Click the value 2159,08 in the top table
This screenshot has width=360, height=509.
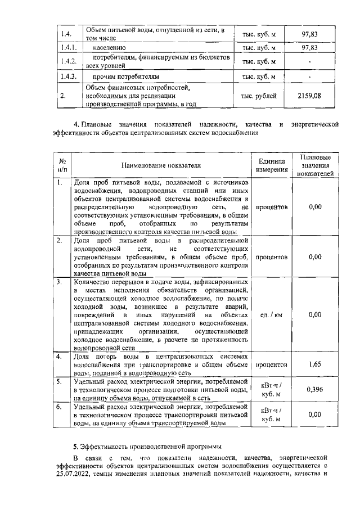[309, 96]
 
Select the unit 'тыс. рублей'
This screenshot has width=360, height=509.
[259, 96]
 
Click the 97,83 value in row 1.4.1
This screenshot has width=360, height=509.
[309, 48]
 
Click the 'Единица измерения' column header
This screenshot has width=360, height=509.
[272, 166]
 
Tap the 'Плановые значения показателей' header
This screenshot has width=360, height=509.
[315, 166]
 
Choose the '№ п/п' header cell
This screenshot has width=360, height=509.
[63, 165]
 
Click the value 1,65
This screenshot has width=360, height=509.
[315, 364]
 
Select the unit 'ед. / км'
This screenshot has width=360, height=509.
[271, 315]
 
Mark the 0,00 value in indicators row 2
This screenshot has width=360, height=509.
[315, 256]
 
